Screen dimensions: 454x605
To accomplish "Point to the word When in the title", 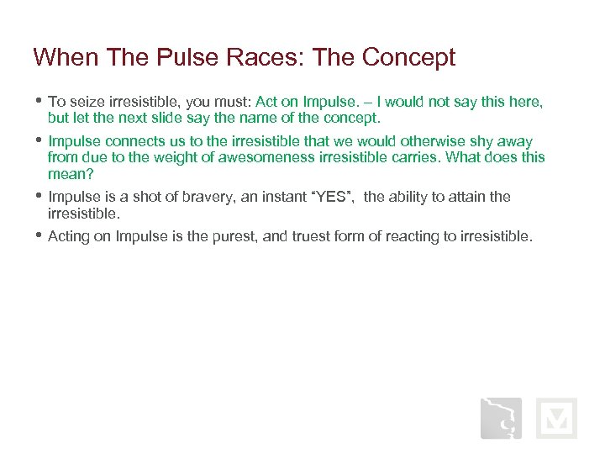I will [61, 57].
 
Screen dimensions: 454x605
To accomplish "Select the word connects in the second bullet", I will [135, 141].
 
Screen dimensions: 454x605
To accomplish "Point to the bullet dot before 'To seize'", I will [39, 101].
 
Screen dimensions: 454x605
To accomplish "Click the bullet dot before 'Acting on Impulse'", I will [39, 235].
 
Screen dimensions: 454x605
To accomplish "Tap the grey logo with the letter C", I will [501, 418].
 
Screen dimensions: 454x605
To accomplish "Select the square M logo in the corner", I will [556, 418].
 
